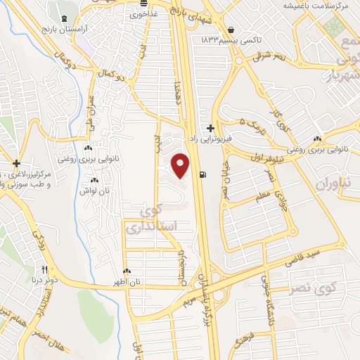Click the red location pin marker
coord(181,166)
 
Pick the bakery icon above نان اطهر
coord(127,271)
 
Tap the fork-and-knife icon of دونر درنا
coord(44,269)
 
